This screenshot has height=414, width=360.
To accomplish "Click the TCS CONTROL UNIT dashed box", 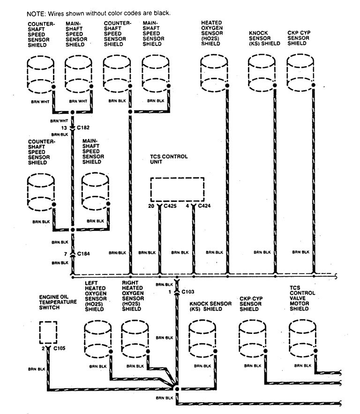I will [177, 190].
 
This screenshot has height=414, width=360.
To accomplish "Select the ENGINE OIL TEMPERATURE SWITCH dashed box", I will [48, 333].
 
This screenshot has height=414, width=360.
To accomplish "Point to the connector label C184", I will [84, 253].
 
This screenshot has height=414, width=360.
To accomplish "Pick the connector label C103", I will [187, 291].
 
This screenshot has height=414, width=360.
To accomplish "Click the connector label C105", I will [60, 348].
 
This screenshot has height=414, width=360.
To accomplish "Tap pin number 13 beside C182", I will [64, 127].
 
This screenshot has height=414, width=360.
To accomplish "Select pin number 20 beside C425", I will [151, 206].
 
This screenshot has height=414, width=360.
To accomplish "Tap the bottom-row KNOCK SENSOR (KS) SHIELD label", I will [210, 306].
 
